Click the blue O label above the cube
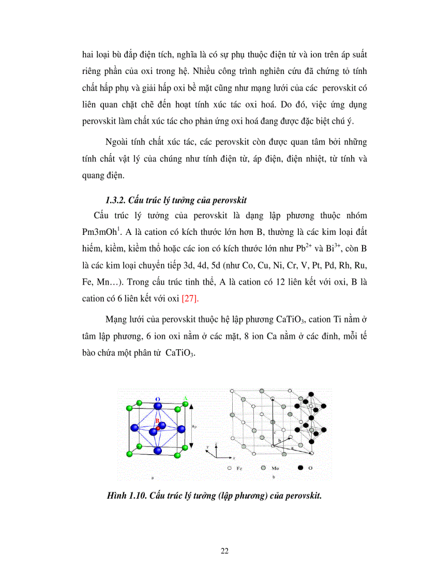[x=157, y=399]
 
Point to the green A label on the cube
[x=185, y=398]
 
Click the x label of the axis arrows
[x=234, y=458]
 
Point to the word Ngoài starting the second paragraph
[x=117, y=142]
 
